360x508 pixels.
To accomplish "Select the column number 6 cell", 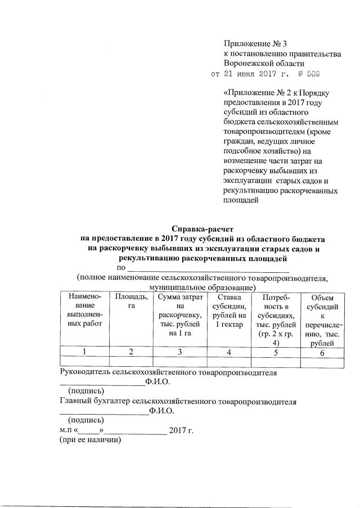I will coord(322,352).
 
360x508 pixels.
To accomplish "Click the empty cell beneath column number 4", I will coord(228,362).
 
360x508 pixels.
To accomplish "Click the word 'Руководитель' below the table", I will coord(85,372).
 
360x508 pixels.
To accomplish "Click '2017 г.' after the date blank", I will coord(182,431).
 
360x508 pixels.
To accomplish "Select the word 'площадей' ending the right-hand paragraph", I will coord(241,200).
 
